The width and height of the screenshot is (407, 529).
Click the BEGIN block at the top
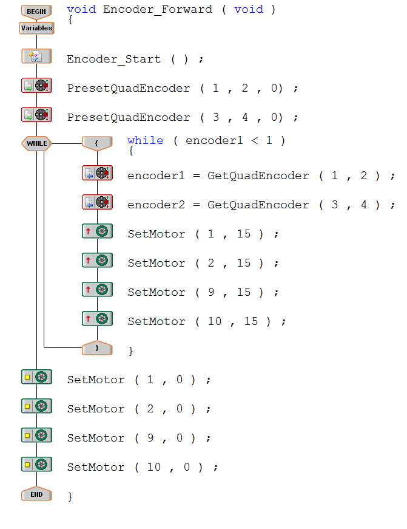[x=36, y=11]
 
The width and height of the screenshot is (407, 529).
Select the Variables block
[x=36, y=28]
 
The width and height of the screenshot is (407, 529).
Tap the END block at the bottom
[x=36, y=494]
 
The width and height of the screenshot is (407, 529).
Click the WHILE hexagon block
[x=36, y=143]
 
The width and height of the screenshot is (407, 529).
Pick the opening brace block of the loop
[x=97, y=143]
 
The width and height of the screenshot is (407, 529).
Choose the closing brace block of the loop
[x=97, y=348]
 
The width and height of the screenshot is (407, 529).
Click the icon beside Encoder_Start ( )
[x=36, y=56]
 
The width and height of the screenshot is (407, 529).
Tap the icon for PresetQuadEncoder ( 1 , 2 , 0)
[x=36, y=86]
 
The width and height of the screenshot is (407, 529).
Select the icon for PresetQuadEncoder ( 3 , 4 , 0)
[x=36, y=115]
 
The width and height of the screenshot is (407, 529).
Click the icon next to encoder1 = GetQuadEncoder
[x=97, y=173]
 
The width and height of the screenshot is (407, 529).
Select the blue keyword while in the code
[x=145, y=141]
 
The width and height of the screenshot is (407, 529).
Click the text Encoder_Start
[x=113, y=60]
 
